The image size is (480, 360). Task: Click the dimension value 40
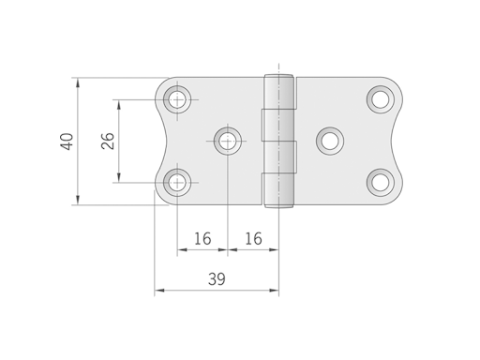[67, 142]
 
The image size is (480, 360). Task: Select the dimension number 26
[108, 141]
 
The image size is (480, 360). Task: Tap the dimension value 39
[217, 279]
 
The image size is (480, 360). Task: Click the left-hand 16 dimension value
[202, 238]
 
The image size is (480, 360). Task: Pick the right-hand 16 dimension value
[252, 238]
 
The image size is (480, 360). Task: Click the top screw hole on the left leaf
[177, 98]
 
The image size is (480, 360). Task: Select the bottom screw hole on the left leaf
[177, 182]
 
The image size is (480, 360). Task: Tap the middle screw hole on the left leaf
[227, 141]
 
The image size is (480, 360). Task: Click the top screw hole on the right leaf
[380, 97]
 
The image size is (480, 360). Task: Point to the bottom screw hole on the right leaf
[380, 182]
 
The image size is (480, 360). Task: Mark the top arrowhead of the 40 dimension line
[78, 82]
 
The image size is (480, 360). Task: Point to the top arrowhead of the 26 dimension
[119, 103]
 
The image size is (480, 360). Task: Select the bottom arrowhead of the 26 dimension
[119, 177]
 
